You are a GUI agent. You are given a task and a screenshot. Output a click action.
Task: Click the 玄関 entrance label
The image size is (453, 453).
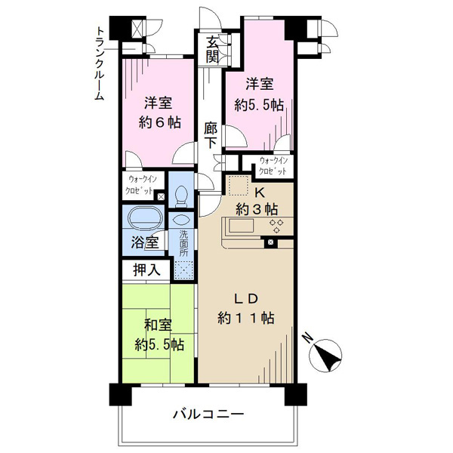212,51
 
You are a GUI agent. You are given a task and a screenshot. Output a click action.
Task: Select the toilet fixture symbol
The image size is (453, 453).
181,196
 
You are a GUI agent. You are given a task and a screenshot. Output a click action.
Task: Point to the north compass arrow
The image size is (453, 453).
325,355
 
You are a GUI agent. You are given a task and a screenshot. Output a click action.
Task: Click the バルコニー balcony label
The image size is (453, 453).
208,414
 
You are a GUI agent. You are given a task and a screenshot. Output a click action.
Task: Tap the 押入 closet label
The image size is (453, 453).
146,270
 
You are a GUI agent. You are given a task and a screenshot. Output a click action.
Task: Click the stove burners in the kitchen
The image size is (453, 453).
276,226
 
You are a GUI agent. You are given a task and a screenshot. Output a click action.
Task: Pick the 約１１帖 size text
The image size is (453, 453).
246,318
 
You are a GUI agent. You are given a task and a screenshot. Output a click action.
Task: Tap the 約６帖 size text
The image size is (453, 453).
160,122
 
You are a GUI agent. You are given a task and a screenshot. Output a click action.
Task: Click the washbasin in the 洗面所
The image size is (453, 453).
181,220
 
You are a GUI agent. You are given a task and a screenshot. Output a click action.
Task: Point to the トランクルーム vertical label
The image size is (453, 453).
100,63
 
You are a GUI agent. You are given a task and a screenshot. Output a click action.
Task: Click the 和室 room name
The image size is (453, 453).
158,325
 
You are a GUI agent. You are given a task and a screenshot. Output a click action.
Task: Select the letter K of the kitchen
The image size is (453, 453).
260,193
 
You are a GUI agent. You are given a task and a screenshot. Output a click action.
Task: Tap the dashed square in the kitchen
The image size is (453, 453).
239,186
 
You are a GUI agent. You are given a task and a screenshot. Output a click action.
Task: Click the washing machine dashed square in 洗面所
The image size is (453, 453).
183,270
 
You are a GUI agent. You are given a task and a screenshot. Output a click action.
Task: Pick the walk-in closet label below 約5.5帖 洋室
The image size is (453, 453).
273,166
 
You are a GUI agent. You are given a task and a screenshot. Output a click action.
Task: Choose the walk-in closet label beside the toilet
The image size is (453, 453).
140,185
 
